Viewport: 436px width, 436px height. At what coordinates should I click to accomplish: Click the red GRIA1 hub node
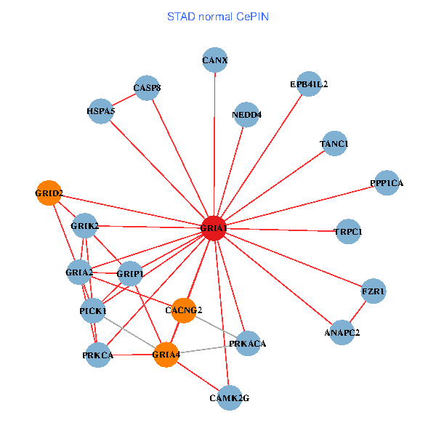point(214,228)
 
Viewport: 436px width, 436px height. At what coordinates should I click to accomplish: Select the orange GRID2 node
point(49,193)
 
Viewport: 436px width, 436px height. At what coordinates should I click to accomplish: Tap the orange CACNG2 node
point(184,310)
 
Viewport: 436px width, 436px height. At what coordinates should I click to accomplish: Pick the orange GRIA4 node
point(166,355)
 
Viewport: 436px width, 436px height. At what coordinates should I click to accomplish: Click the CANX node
point(215,60)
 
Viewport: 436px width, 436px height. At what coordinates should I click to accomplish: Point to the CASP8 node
point(147,89)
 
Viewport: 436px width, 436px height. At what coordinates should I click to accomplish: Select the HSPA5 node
point(100,111)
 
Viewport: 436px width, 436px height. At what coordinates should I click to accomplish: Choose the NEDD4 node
point(247,115)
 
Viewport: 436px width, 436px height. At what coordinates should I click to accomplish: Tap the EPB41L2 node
point(309,84)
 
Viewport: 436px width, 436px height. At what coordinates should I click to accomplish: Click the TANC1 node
point(334,144)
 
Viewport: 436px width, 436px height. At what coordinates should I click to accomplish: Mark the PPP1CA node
point(386,183)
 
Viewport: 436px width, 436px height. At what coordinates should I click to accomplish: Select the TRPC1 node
point(347,231)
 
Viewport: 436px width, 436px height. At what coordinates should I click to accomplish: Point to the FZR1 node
point(374,291)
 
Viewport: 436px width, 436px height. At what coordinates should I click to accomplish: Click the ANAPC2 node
point(342,332)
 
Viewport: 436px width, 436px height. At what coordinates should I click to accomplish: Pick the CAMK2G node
point(229,397)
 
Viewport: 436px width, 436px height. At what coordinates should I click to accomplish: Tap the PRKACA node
point(247,343)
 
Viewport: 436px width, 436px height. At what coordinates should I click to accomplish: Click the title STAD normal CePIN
point(218,16)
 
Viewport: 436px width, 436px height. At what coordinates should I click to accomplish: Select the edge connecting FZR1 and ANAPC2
point(358,312)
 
